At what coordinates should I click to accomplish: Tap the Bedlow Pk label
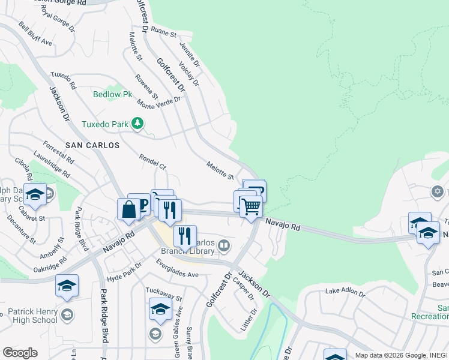point(112,94)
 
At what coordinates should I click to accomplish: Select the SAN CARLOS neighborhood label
point(92,145)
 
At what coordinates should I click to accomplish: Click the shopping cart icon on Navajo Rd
point(251,207)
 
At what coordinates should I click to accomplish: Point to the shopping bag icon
point(128,209)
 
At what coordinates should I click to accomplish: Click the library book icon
point(224,245)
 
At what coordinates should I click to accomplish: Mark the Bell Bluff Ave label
point(35,35)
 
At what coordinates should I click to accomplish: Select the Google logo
point(20,353)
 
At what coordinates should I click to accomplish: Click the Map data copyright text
point(401,355)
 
